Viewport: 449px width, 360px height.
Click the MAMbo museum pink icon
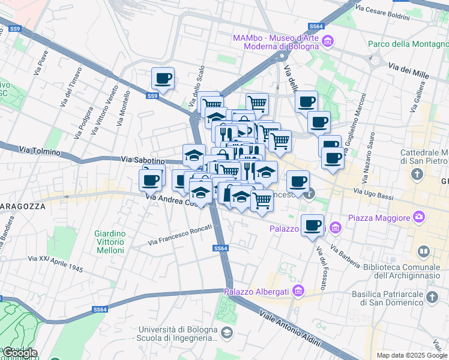pos(327,41)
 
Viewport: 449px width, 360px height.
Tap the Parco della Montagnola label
pos(407,44)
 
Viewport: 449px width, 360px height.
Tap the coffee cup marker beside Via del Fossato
pos(312,226)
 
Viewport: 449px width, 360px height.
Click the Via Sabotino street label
pos(143,160)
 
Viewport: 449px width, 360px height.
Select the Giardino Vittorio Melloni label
pos(109,242)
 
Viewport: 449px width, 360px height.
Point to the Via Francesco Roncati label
pos(180,235)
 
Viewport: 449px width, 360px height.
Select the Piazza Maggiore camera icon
pos(419,217)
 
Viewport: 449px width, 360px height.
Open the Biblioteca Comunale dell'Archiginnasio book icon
pos(424,251)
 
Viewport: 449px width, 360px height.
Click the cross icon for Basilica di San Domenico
pos(432,297)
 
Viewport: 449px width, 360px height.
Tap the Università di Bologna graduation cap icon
pos(227,332)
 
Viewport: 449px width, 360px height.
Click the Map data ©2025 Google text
pos(411,355)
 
